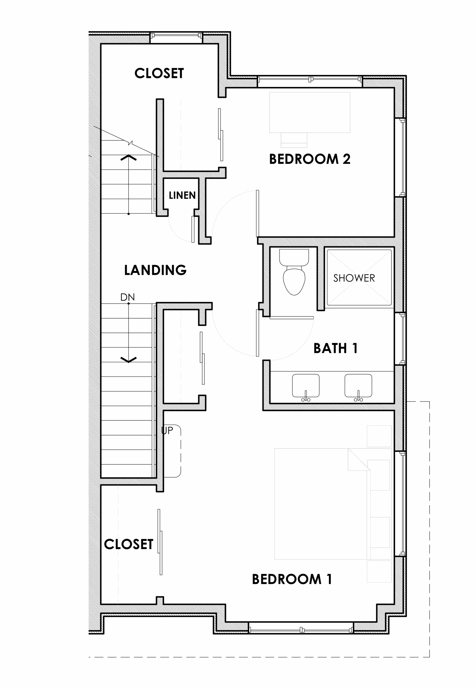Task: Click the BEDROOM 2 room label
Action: [310, 159]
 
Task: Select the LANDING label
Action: [155, 270]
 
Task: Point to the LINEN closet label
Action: [182, 195]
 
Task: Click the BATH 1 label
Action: [336, 348]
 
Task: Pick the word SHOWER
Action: [354, 278]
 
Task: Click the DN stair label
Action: [127, 297]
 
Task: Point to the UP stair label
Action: [167, 430]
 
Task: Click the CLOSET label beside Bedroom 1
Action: [129, 544]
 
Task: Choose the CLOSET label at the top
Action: [159, 74]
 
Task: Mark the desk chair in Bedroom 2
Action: [294, 140]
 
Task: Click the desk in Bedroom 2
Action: [310, 112]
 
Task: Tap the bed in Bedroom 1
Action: [333, 504]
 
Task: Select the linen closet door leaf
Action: [193, 229]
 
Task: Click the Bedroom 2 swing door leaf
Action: [258, 213]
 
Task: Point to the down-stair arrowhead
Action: [129, 360]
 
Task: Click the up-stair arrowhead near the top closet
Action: [129, 158]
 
